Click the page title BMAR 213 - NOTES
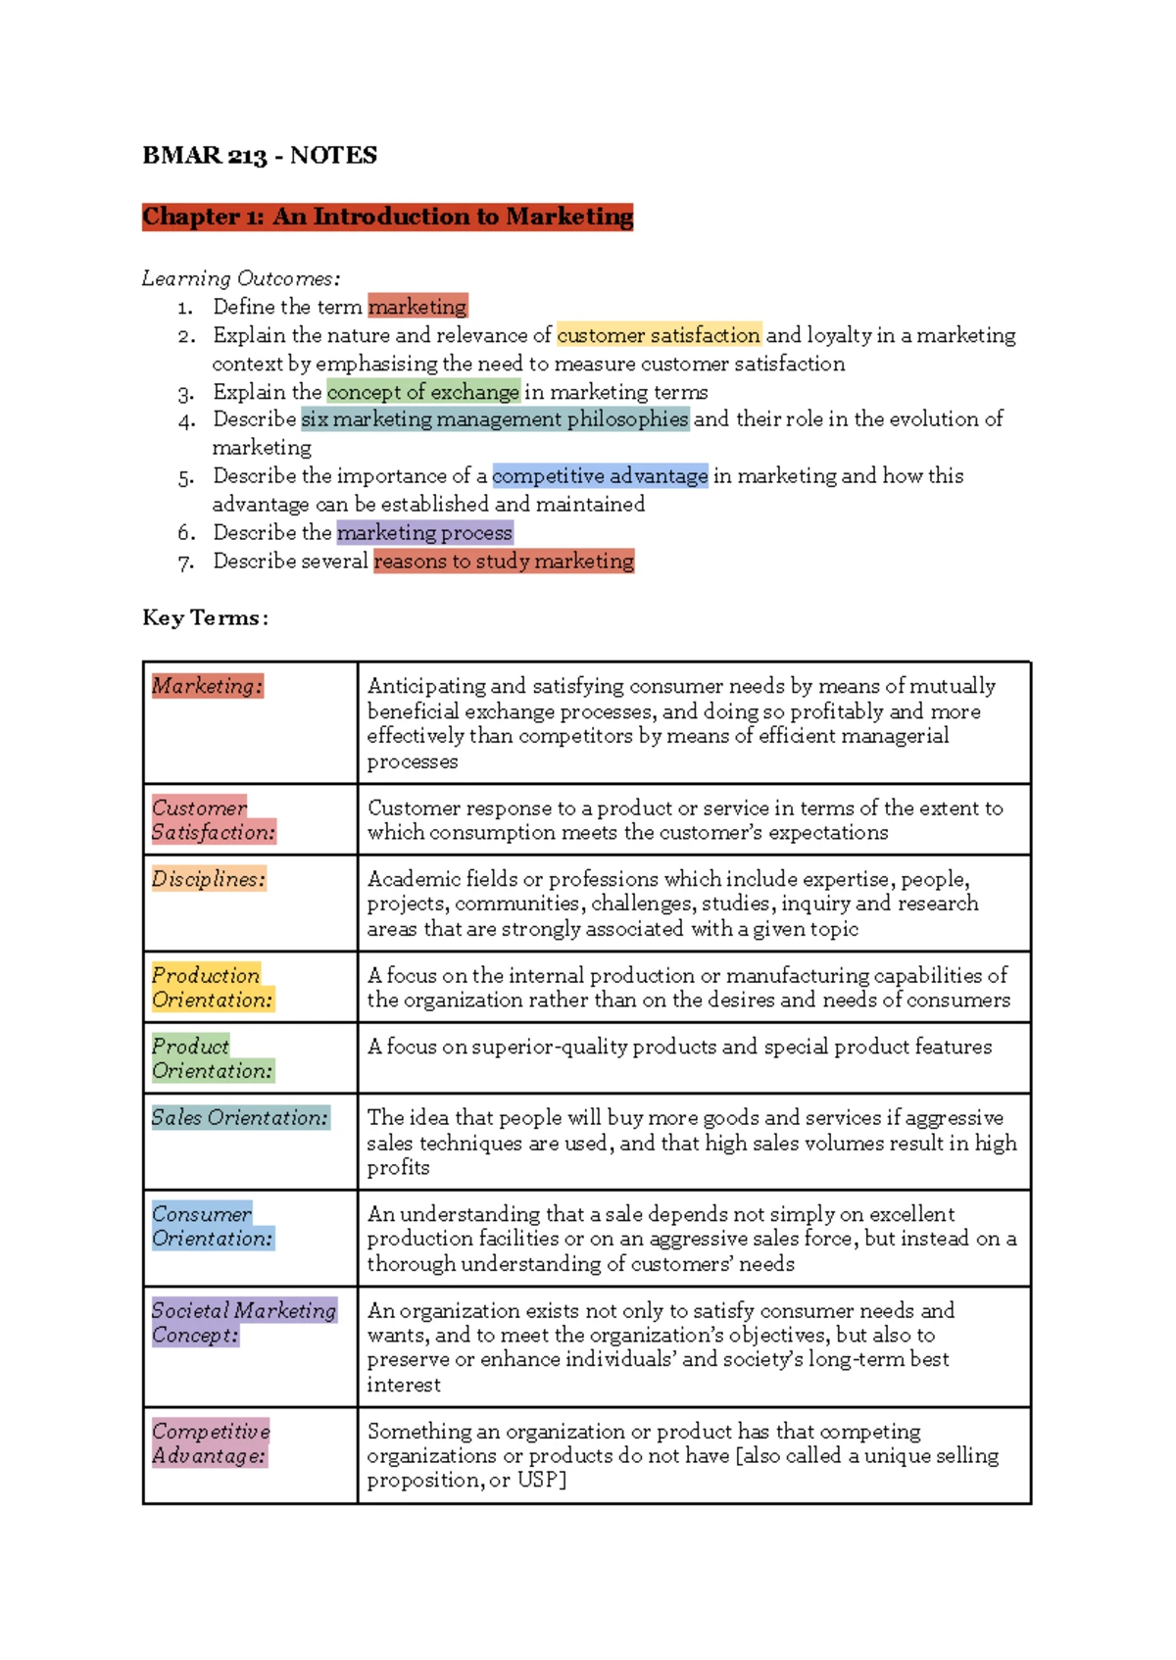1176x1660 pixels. pos(260,155)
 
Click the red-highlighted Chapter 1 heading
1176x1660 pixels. pos(387,216)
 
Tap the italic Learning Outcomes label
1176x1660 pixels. pos(241,278)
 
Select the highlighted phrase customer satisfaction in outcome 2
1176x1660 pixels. pos(659,335)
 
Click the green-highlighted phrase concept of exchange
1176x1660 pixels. pos(422,392)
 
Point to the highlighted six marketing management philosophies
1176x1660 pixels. pos(495,419)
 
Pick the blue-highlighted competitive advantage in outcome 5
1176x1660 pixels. pos(600,476)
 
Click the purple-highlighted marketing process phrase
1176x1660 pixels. pos(424,533)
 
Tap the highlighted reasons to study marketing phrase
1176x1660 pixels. pos(504,561)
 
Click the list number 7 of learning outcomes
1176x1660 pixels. pos(185,562)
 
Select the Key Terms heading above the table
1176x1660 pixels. pos(205,617)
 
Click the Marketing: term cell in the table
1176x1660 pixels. pos(207,686)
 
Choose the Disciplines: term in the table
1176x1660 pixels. pos(208,879)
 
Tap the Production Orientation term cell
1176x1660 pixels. pos(212,988)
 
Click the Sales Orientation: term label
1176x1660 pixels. pos(240,1117)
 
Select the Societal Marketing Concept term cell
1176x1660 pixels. pos(243,1322)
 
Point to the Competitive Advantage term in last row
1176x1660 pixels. pos(211,1443)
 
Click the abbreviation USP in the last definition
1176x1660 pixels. pos(538,1481)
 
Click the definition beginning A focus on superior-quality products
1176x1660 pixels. pos(679,1047)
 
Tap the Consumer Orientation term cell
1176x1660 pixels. pos(212,1226)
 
